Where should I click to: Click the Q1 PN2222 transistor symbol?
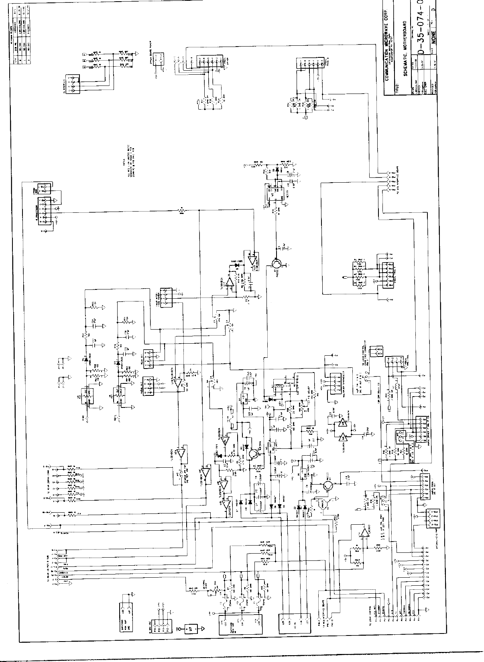click(277, 263)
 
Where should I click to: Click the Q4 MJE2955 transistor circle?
click(253, 453)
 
